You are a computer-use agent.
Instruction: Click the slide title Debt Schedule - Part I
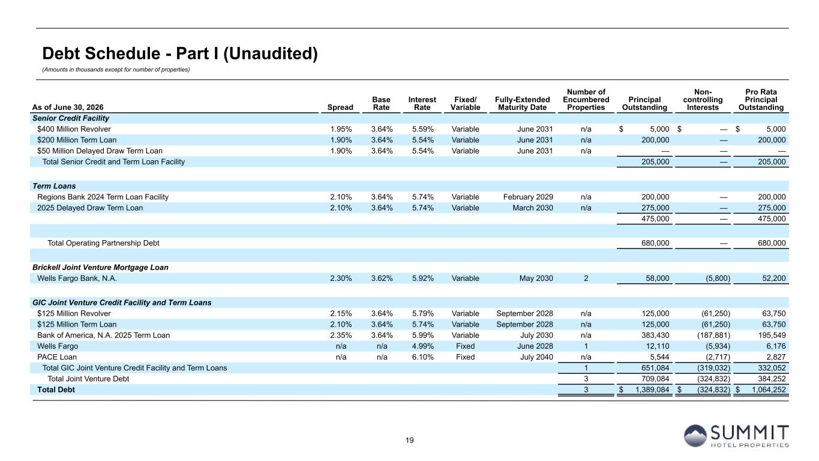(180, 53)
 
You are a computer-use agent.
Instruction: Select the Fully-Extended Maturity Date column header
(522, 103)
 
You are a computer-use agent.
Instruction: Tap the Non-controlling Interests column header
(703, 100)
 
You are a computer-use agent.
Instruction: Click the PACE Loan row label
(57, 357)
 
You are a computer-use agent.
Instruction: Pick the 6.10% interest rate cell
(422, 357)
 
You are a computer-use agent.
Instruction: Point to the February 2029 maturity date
(528, 197)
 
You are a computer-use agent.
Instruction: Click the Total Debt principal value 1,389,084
(652, 390)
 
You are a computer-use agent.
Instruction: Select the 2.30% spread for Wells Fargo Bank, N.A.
(341, 279)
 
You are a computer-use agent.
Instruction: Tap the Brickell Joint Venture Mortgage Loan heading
(100, 268)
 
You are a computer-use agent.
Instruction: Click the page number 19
(409, 440)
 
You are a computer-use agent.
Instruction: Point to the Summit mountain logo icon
(695, 436)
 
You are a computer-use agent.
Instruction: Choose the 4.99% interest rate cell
(422, 346)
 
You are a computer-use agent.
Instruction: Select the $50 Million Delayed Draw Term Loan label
(100, 151)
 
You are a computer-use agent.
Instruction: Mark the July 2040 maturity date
(537, 357)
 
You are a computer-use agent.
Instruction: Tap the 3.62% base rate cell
(382, 279)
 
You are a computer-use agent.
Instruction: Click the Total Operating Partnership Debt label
(103, 243)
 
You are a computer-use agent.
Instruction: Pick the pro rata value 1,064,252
(769, 390)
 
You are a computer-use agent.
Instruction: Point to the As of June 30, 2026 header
(68, 107)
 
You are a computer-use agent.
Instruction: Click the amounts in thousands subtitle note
(116, 70)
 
